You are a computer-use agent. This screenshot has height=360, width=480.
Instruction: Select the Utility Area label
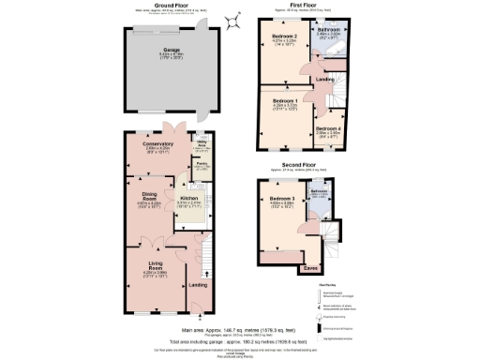200,144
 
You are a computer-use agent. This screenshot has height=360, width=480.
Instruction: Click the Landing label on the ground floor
198,284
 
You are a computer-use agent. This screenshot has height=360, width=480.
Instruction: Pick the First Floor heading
299,6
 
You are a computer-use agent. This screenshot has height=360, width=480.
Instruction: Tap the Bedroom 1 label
285,100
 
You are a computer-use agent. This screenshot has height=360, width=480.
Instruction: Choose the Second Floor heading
299,166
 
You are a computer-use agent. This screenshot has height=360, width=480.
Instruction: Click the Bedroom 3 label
282,200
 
